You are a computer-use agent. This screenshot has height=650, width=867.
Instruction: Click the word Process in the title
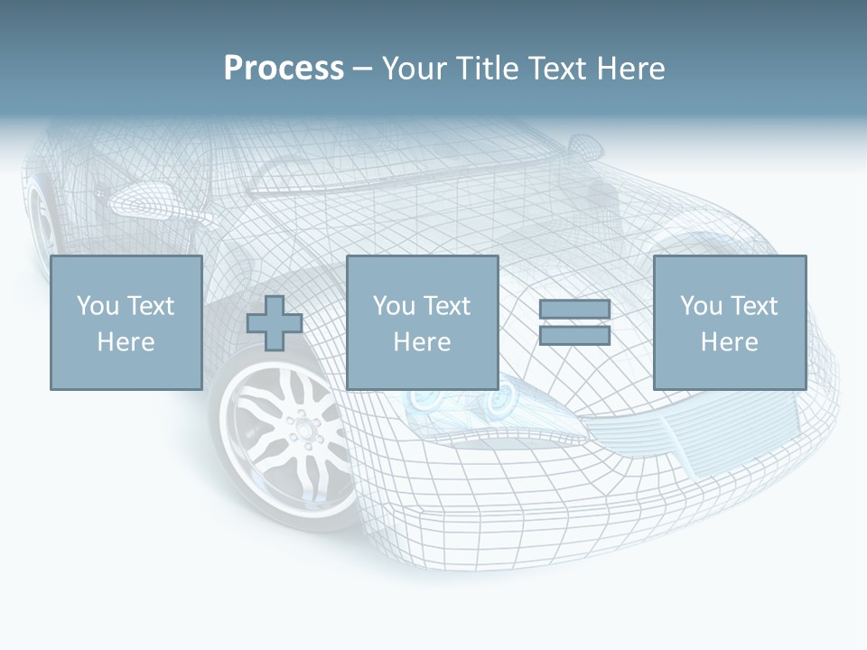(284, 69)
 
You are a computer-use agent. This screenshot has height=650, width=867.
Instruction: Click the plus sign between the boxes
(275, 323)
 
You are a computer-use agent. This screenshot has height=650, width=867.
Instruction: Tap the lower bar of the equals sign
(574, 336)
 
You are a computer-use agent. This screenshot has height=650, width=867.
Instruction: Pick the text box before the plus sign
(126, 322)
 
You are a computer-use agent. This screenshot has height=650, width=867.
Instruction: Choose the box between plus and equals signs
(422, 322)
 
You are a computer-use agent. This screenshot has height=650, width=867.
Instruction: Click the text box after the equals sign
(729, 322)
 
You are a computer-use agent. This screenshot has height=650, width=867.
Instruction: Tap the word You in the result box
(701, 307)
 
